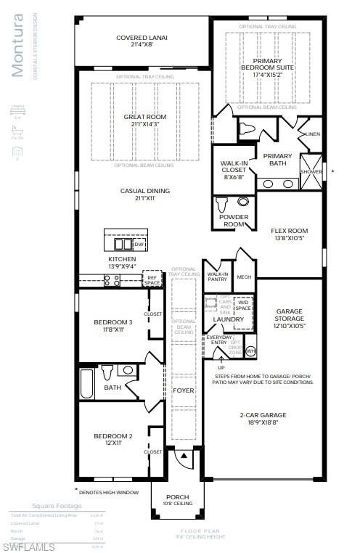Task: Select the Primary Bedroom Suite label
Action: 268,64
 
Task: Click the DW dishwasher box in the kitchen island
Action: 139,245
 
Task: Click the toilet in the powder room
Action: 242,202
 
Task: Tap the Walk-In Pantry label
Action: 218,277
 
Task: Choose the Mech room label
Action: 244,276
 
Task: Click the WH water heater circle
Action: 250,351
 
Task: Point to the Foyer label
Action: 184,390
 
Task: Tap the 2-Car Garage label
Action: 263,415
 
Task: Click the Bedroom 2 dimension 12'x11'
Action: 113,443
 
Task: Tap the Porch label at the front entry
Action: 177,496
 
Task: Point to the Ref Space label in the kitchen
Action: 152,279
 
